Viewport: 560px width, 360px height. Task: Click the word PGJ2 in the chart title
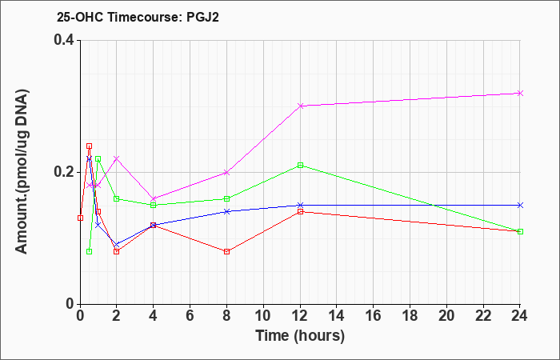tap(203, 17)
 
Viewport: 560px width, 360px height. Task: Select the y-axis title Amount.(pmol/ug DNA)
tap(22, 172)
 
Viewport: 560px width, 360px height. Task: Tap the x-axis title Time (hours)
tap(300, 336)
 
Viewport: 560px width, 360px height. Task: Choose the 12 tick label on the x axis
tap(300, 315)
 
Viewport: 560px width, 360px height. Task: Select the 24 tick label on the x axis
tap(520, 315)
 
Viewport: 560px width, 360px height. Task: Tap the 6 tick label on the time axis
tap(190, 315)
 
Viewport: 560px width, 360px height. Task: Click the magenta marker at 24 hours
tap(520, 94)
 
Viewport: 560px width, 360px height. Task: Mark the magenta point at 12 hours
tap(300, 106)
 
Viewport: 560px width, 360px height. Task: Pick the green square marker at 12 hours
tap(300, 166)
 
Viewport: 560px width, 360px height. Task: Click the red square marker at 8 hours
tap(226, 251)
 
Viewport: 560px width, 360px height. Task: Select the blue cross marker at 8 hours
tap(226, 211)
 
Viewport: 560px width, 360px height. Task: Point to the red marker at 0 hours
tap(80, 218)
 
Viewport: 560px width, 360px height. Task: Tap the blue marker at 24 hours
tap(520, 205)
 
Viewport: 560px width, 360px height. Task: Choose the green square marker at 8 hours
tap(226, 198)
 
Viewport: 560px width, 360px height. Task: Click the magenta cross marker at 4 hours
tap(154, 198)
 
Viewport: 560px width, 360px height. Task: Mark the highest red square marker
tap(90, 146)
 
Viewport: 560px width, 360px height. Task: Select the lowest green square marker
tap(90, 251)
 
